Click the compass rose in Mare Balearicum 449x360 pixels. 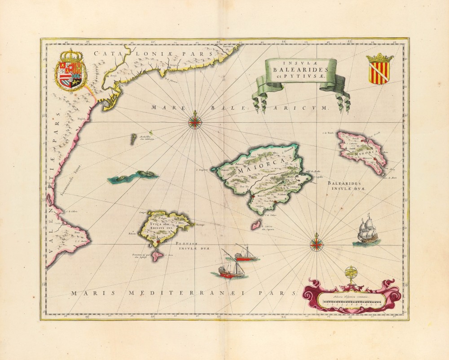pos(195,122)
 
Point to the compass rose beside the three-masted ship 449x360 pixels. pos(317,244)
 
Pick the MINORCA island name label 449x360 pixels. pos(364,153)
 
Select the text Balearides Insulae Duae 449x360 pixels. pos(346,186)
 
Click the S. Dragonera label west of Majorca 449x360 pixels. pos(203,170)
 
